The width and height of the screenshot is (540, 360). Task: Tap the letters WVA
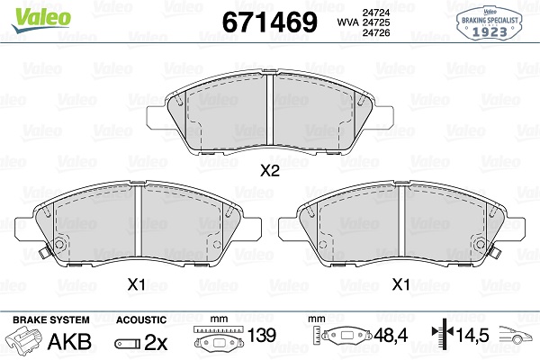click(320, 22)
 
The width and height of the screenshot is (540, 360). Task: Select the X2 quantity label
click(269, 170)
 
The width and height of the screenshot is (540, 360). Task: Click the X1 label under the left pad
click(136, 284)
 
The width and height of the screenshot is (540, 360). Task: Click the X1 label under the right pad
click(401, 284)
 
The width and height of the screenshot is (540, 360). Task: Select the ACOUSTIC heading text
click(140, 320)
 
